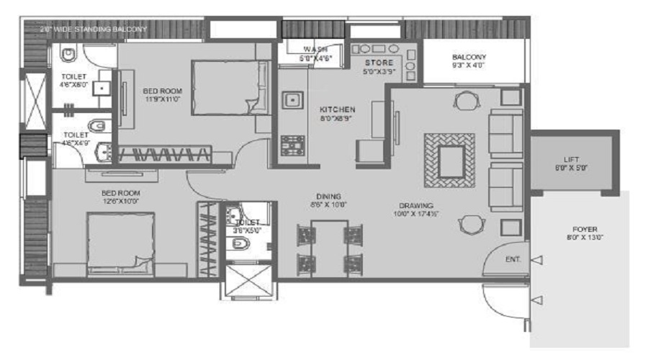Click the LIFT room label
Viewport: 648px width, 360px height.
pos(575,161)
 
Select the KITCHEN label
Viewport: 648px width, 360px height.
pos(337,109)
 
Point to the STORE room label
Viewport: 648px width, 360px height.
pos(378,63)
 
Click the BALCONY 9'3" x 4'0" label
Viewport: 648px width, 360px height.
pos(469,58)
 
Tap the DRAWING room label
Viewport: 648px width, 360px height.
pos(413,204)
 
